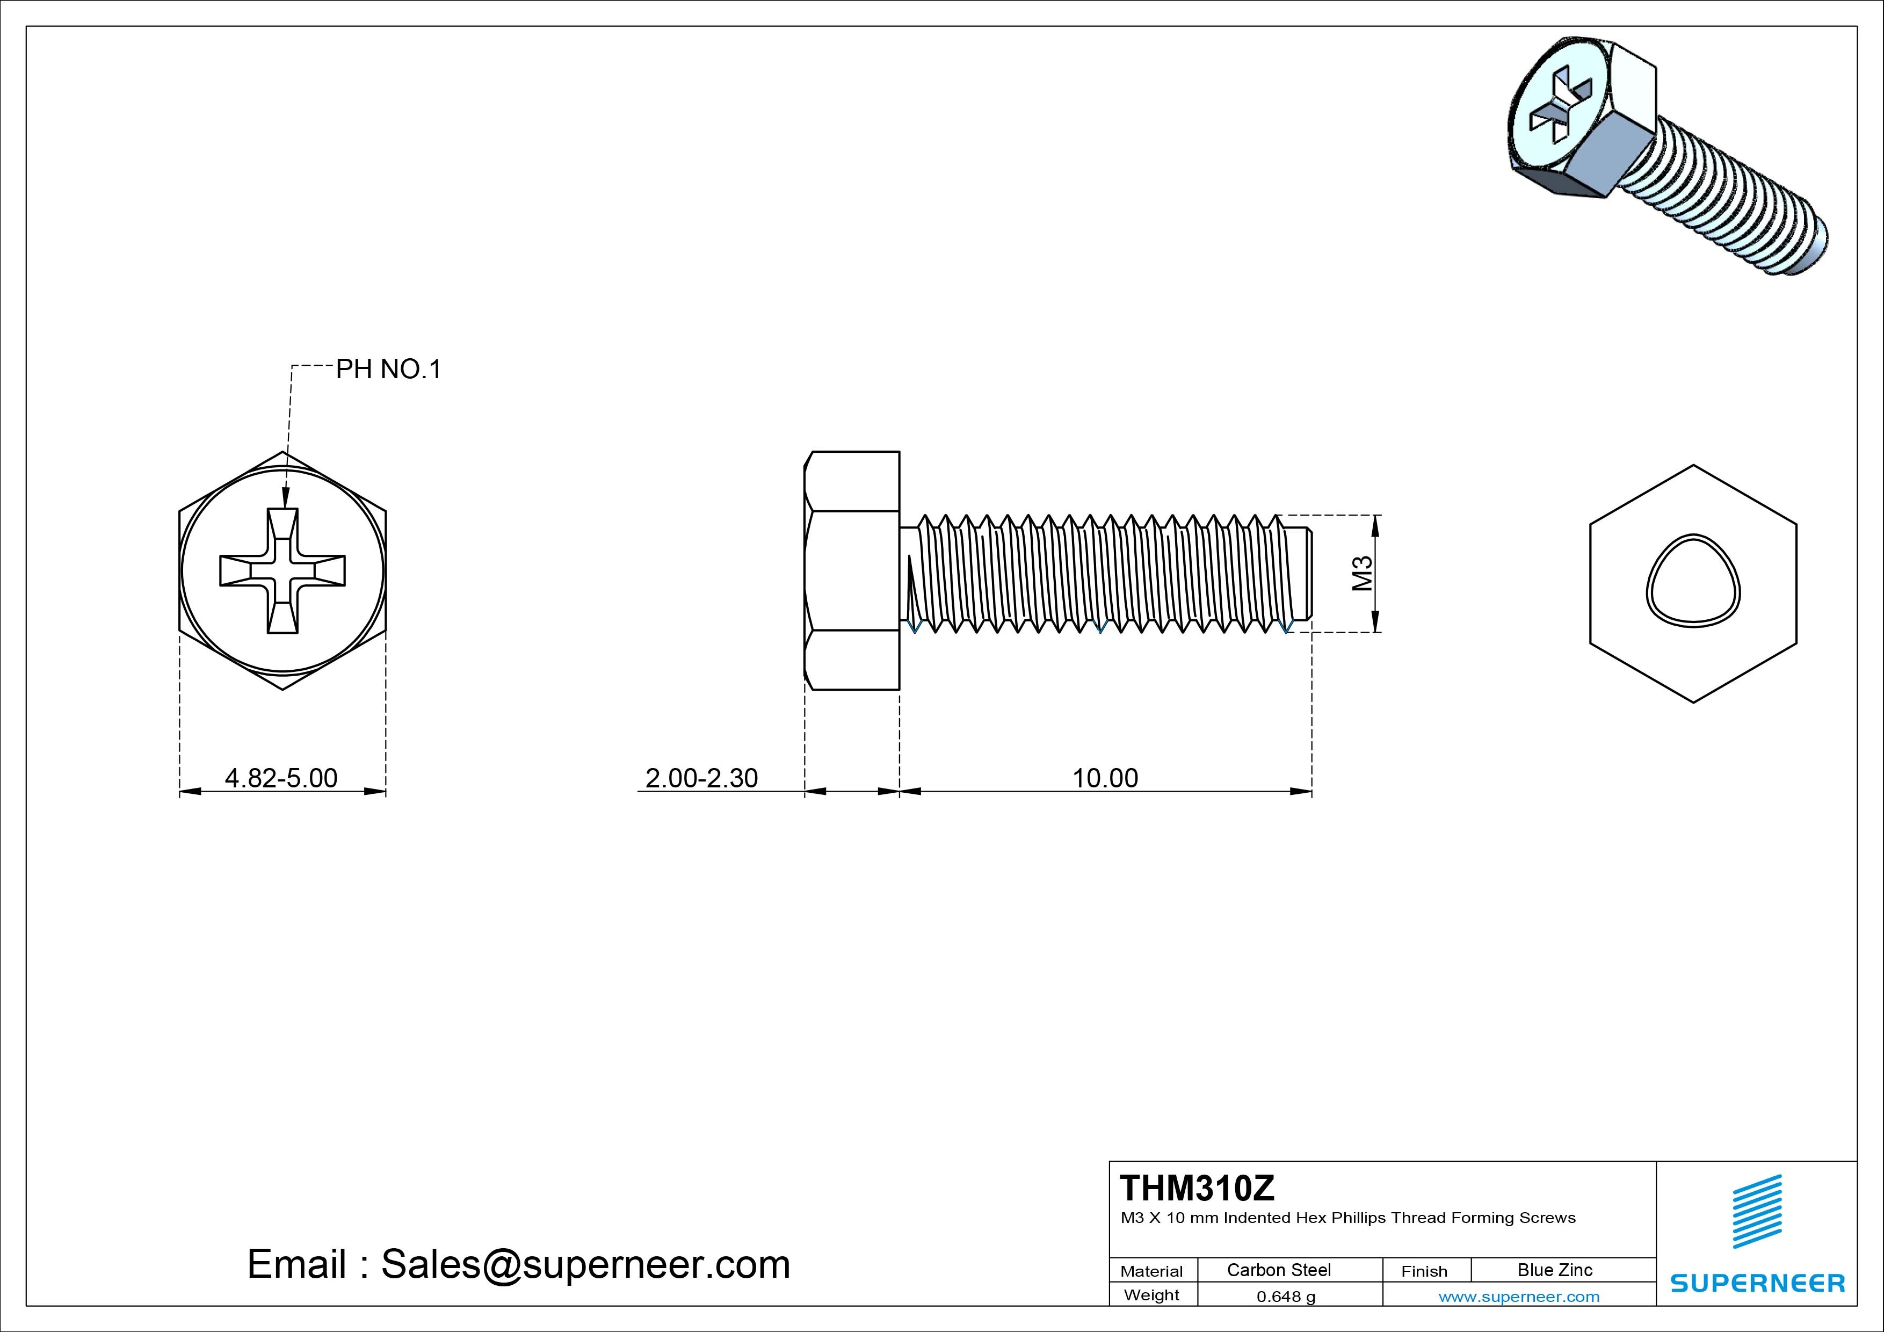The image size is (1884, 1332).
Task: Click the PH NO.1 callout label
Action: click(388, 370)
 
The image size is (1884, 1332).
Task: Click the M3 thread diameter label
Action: click(1362, 573)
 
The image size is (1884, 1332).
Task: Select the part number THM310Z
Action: click(1197, 1188)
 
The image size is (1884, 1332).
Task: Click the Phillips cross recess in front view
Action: click(282, 570)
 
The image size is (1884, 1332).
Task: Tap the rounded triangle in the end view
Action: click(1693, 581)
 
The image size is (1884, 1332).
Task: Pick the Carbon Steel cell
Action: click(1278, 1270)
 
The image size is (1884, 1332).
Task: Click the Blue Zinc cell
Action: click(1554, 1270)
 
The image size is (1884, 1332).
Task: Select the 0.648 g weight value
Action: click(1285, 1297)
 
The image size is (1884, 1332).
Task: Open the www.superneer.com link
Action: click(1518, 1297)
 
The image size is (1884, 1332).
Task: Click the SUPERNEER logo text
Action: click(1757, 1283)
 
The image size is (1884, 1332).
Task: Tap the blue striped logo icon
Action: click(1757, 1211)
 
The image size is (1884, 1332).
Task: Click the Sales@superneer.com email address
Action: click(585, 1264)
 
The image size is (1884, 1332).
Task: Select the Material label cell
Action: click(1151, 1270)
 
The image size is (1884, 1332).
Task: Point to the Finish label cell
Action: click(1424, 1270)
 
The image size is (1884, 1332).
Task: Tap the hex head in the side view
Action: click(852, 570)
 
